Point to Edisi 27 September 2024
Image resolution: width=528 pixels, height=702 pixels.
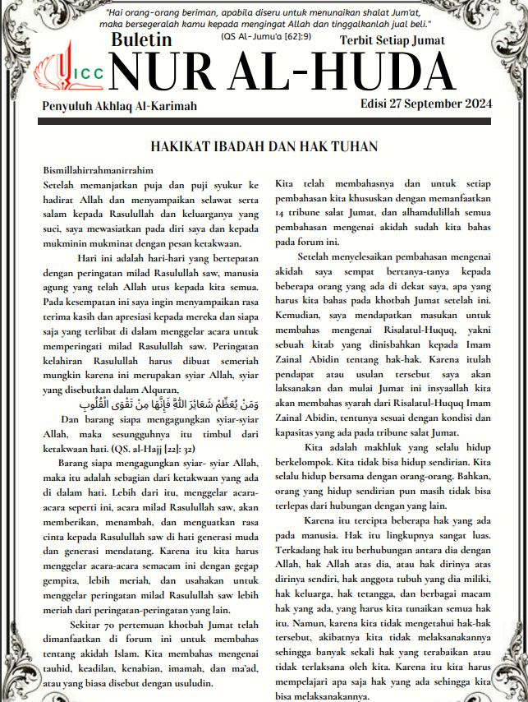pos(425,104)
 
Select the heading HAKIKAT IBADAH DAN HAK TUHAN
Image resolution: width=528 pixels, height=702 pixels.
pos(263,147)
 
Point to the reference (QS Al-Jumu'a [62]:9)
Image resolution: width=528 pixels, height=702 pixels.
pos(265,36)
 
